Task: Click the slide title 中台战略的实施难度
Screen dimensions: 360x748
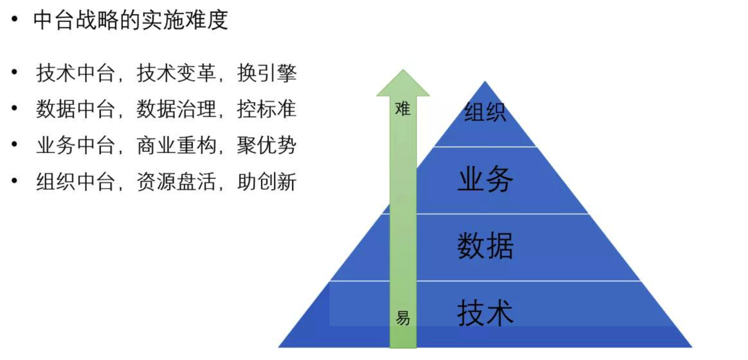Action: click(130, 20)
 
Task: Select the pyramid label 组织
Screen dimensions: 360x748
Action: click(485, 112)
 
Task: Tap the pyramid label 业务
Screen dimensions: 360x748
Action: click(485, 179)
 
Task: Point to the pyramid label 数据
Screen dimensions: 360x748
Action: click(485, 246)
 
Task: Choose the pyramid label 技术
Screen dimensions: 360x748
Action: click(485, 313)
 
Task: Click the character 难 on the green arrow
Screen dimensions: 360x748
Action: click(403, 109)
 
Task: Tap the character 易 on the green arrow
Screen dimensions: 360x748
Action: click(403, 318)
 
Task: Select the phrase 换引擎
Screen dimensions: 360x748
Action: click(267, 73)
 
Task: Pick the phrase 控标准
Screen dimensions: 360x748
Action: click(267, 109)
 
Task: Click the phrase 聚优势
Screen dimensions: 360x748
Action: click(267, 145)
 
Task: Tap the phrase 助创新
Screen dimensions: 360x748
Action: click(267, 181)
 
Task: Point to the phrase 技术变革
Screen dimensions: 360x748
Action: click(176, 73)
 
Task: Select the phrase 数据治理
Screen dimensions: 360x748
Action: click(176, 109)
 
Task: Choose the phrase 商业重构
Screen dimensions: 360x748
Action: click(176, 145)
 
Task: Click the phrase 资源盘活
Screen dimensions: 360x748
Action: click(176, 181)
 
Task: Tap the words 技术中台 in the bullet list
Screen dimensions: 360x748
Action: click(76, 73)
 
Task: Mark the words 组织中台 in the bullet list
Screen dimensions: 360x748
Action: click(76, 181)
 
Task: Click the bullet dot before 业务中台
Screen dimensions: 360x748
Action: click(15, 145)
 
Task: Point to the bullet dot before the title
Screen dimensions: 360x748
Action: click(15, 19)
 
